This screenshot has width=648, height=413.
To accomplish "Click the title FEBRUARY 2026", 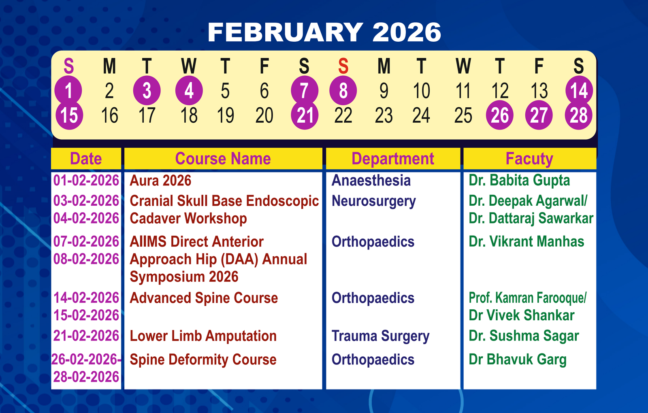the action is click(x=324, y=32).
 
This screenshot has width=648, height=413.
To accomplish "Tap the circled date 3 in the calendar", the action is click(x=147, y=91).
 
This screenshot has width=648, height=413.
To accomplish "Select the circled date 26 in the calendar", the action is click(x=500, y=115).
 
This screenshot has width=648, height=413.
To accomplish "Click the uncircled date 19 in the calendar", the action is click(x=225, y=115).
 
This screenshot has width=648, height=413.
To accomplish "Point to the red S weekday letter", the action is click(x=343, y=66).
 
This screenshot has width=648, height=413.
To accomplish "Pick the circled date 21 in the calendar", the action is click(x=304, y=115).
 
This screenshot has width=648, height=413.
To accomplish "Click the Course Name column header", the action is click(x=223, y=158).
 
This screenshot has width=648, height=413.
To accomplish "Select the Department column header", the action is click(x=392, y=159).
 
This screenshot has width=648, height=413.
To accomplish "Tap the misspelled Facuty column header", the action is click(x=529, y=159).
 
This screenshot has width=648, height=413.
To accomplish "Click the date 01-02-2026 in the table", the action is click(x=86, y=180).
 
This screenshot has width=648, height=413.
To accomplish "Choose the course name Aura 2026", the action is click(x=160, y=181).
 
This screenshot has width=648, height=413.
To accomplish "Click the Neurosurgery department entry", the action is click(x=373, y=201).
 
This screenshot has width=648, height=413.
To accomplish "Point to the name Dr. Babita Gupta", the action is click(x=519, y=180).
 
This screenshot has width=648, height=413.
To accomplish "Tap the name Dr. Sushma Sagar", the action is click(x=524, y=336).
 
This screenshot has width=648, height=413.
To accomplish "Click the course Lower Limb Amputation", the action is click(x=203, y=336).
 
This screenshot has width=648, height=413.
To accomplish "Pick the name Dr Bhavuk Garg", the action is click(x=518, y=360).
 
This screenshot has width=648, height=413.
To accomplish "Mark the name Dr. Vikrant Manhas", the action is click(x=526, y=241).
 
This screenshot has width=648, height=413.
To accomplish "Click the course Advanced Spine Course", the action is click(x=204, y=298).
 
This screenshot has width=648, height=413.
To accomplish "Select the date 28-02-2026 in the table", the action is click(x=86, y=377).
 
